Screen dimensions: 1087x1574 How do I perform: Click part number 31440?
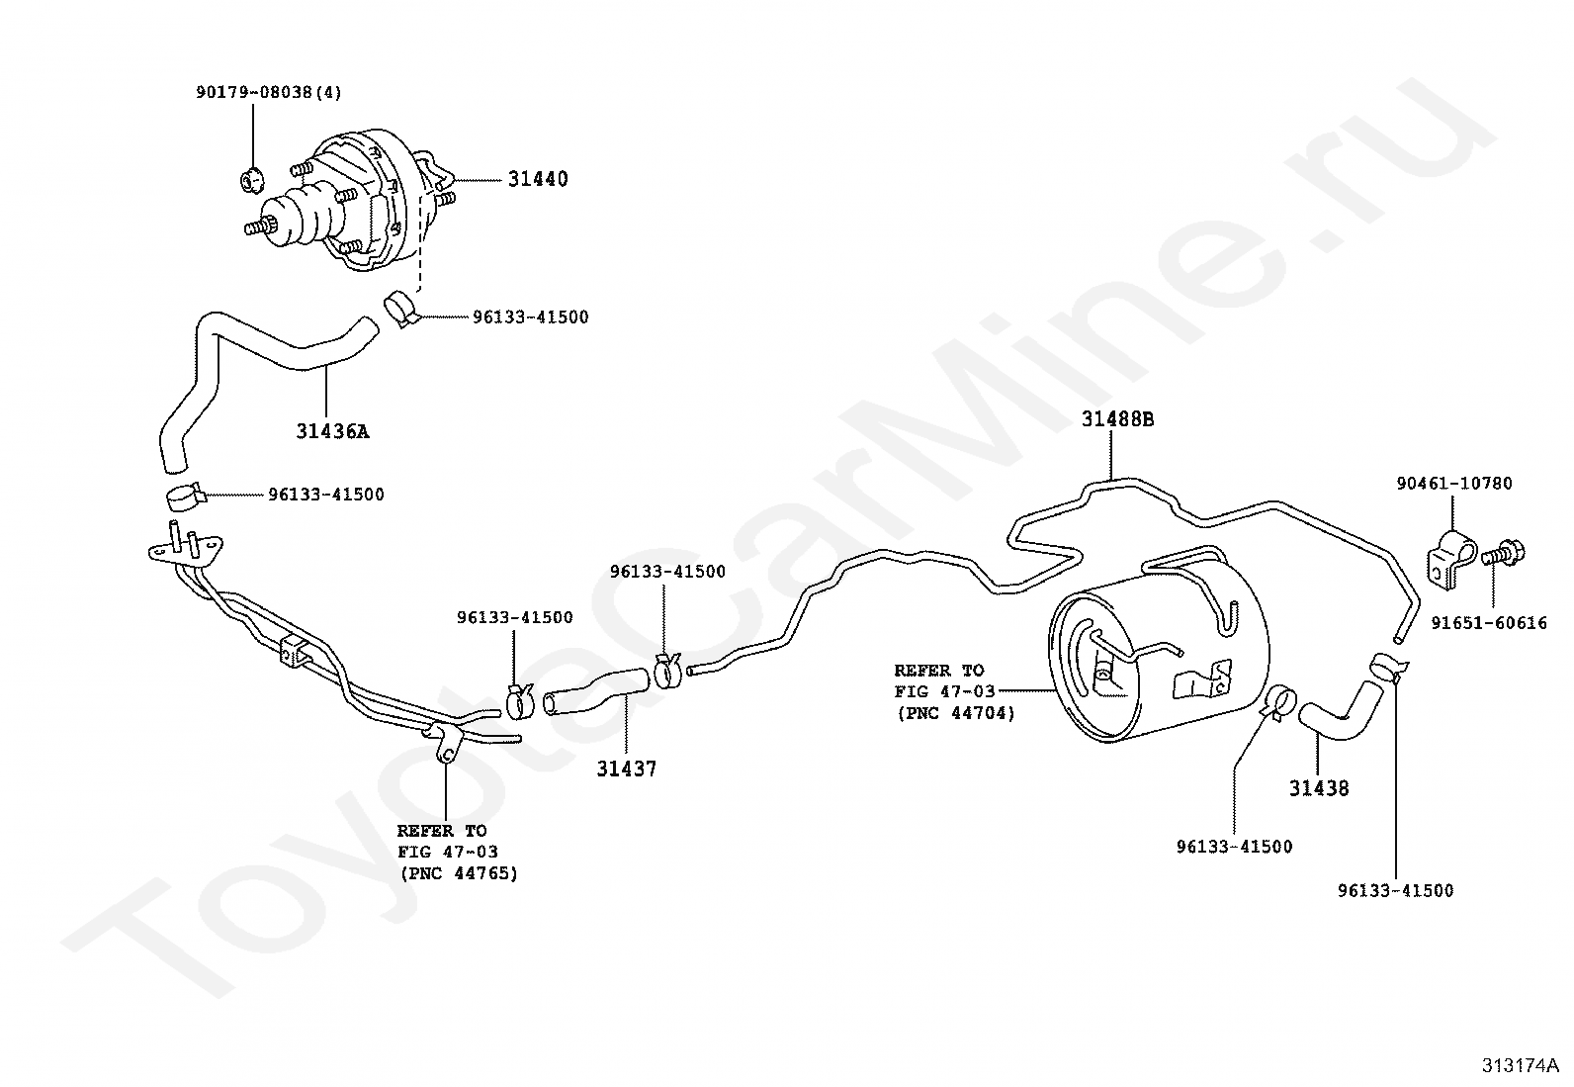coord(538,179)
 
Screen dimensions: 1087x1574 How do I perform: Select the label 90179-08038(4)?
coord(268,93)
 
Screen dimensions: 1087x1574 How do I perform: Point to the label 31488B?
coord(1117,419)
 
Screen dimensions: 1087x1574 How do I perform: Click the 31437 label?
coord(626,769)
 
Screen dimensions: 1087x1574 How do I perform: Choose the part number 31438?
coord(1318,788)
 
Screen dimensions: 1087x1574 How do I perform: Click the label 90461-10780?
coord(1453,484)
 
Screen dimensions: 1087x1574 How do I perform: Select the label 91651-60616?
coord(1489,623)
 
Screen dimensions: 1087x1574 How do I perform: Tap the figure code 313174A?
coord(1519,1065)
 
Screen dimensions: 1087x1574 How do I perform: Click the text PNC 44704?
coord(955,713)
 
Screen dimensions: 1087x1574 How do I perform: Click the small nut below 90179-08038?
coord(252,180)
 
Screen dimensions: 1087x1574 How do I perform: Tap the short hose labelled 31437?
coord(596,690)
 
